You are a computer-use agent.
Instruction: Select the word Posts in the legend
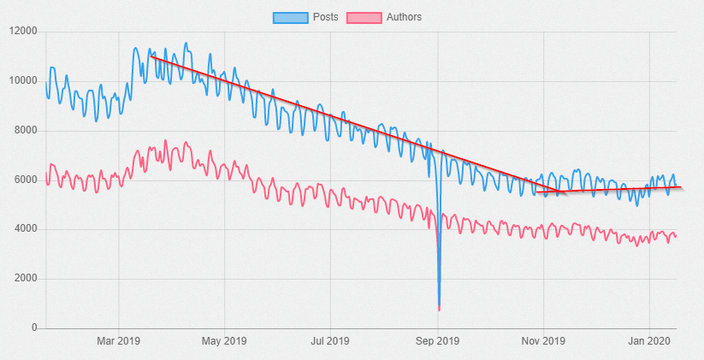pos(325,17)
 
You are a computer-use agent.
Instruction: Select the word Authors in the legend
pos(404,17)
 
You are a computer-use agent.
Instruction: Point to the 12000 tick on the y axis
pos(23,32)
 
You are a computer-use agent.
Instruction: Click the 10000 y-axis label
pos(23,82)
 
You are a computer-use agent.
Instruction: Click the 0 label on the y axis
pos(34,328)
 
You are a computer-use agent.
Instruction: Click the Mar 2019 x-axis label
pos(118,342)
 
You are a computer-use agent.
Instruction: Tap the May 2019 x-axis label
pos(224,342)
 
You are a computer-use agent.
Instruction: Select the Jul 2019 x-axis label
pos(329,342)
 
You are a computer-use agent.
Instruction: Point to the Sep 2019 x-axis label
pos(437,342)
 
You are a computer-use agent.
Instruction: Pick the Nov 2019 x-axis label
pos(543,342)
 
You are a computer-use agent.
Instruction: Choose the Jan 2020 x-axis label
pos(649,342)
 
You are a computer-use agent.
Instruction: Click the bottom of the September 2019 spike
pos(439,308)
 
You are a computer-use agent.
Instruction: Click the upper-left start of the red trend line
pos(151,56)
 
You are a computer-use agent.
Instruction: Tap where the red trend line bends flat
pos(558,191)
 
